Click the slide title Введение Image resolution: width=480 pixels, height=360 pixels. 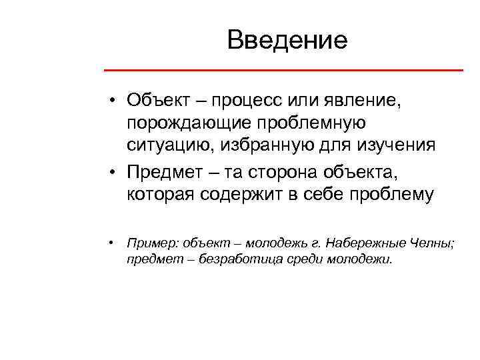[x=287, y=41]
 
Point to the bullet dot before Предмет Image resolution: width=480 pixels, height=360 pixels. [x=115, y=171]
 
